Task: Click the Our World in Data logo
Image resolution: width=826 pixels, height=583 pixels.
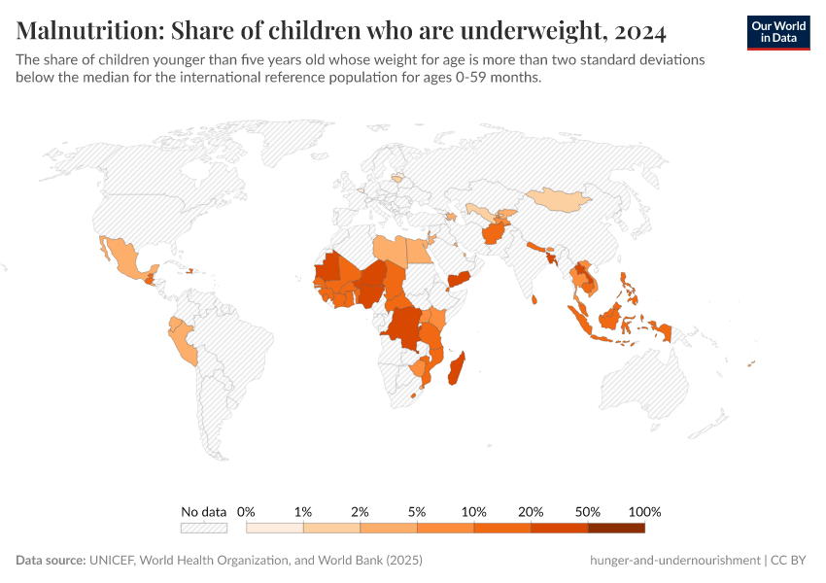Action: [778, 32]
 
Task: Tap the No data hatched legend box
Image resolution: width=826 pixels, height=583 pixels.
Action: [203, 528]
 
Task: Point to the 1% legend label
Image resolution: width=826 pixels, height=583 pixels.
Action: [303, 512]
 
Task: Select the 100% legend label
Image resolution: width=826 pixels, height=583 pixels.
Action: [644, 512]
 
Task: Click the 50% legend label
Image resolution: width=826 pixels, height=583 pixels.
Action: [588, 512]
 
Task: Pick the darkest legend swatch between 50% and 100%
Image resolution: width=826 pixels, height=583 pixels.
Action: [616, 528]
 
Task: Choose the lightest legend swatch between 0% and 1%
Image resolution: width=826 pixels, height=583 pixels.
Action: [275, 528]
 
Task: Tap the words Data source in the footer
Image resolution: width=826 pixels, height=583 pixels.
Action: [50, 561]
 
